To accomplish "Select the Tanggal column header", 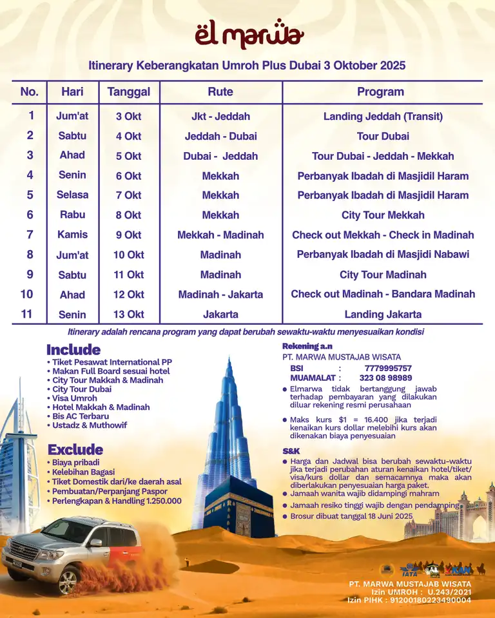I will [129, 92].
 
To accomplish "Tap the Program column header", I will [380, 92].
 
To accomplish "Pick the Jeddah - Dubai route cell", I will [220, 136].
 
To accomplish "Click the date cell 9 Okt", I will [129, 235].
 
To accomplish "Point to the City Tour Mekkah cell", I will [383, 215].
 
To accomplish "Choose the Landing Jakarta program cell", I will [383, 314].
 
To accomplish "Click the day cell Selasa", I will [73, 195].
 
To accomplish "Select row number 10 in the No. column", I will [27, 294].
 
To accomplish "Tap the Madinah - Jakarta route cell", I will [220, 295].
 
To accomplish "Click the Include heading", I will [73, 350].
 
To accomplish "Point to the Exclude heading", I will [75, 449].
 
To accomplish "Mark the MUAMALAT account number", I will [385, 378].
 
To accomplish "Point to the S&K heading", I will [291, 451].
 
